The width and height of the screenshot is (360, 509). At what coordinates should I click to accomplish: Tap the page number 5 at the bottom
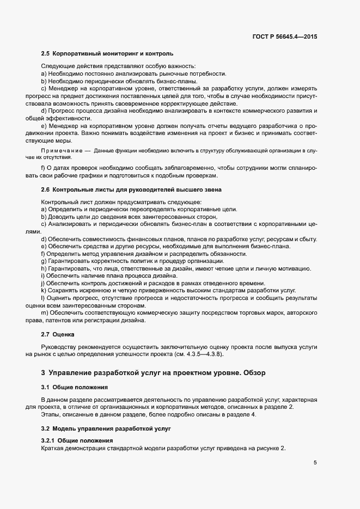[x=315, y=463]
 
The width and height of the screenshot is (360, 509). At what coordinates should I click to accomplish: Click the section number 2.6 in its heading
[x=46, y=189]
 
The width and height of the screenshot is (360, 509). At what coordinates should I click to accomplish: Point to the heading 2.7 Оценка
[x=57, y=334]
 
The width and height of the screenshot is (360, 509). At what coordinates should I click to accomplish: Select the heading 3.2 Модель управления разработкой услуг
[x=106, y=429]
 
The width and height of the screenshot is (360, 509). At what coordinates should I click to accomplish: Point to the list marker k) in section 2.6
[x=44, y=291]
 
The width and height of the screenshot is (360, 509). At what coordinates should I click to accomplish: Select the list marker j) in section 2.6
[x=43, y=283]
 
